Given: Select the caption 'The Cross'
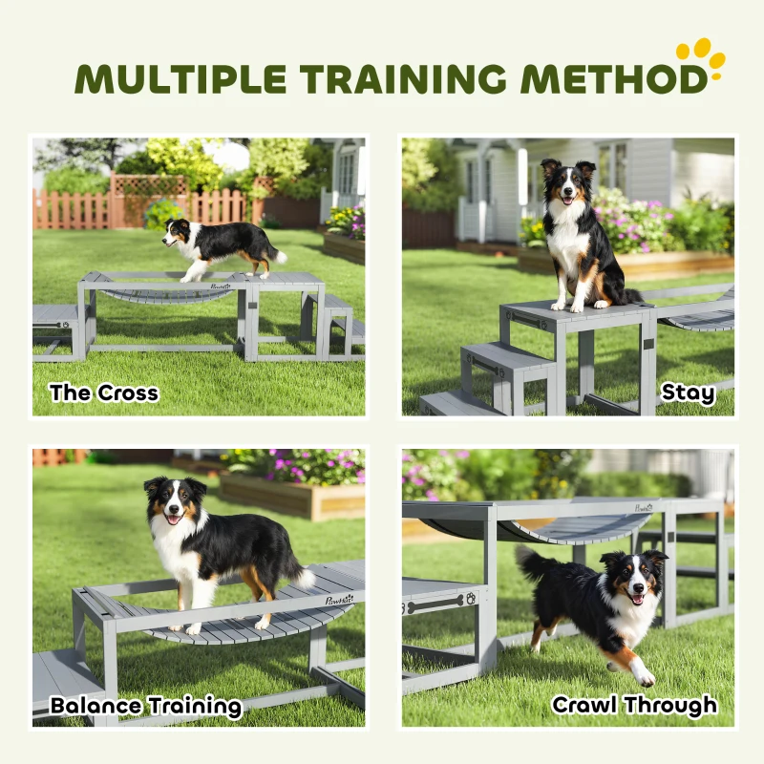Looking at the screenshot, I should coord(103,392).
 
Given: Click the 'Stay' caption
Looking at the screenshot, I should coord(688,392).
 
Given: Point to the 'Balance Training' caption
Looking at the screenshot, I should coord(146,707).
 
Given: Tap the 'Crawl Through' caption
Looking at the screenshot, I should coord(634,706).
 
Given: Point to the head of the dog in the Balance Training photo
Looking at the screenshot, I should coord(175,501).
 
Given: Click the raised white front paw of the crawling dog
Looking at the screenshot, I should coord(647,676).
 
